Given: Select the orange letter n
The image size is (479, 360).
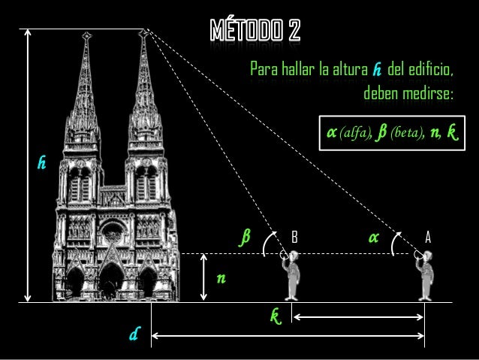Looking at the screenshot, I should (x=220, y=279).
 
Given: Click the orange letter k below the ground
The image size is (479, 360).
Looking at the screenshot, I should (x=276, y=314).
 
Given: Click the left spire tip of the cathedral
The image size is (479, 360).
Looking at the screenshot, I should (x=88, y=35).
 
